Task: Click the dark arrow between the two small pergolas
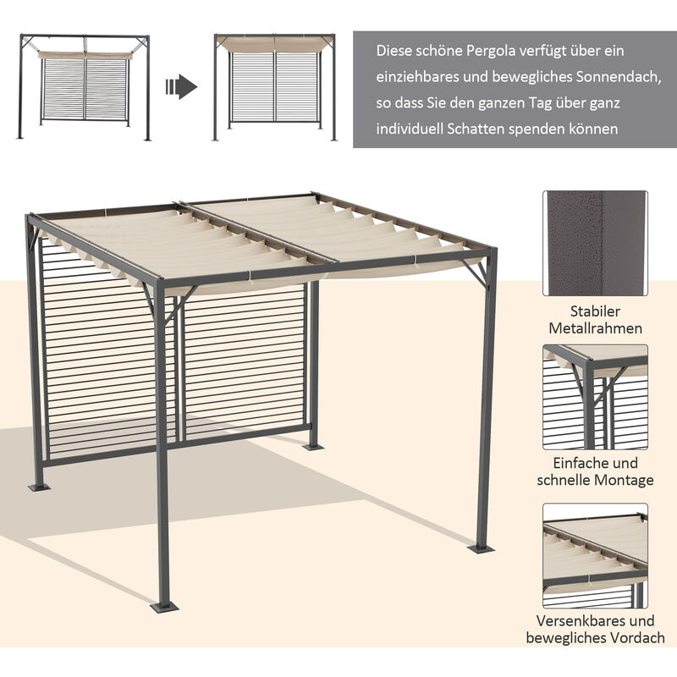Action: coord(181,87)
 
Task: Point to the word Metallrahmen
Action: coord(596,328)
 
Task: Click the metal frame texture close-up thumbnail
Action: coord(596,243)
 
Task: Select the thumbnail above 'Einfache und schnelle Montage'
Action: coord(596,397)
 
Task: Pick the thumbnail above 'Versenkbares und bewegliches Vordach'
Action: coord(596,556)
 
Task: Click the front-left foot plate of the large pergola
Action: coord(164,607)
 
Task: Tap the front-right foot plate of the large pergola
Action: coord(481,548)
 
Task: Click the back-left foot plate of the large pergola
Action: coord(39,487)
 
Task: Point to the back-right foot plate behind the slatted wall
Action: coord(313,447)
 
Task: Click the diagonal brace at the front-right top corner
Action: coord(475,272)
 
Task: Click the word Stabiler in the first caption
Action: coord(595,311)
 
